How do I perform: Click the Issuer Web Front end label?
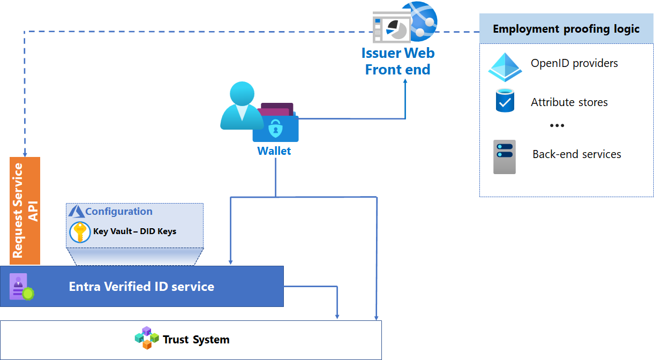click(x=397, y=62)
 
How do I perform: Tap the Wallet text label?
click(x=274, y=151)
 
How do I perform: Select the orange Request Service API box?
click(x=25, y=211)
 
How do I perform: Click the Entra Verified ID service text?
click(x=141, y=287)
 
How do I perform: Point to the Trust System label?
click(x=196, y=340)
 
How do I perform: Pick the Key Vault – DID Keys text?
click(x=134, y=231)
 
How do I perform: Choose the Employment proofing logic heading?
click(x=566, y=29)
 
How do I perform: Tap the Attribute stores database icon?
click(x=505, y=101)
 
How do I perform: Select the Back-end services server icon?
click(x=504, y=156)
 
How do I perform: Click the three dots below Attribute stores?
click(x=557, y=125)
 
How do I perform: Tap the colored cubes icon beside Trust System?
click(x=147, y=338)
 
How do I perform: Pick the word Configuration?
click(x=118, y=211)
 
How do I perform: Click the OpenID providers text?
click(x=574, y=63)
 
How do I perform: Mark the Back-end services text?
click(x=576, y=154)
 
